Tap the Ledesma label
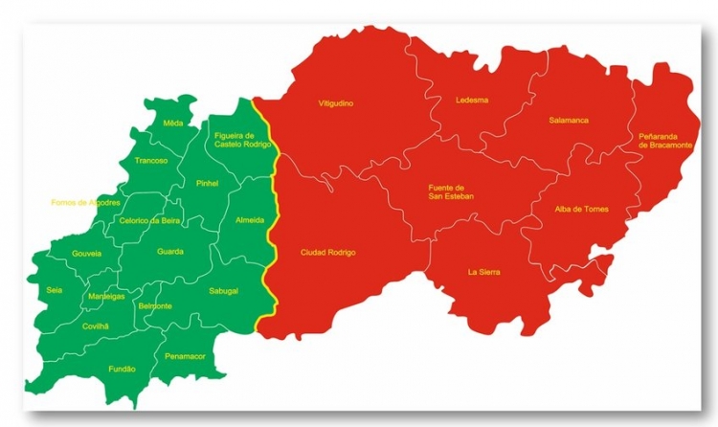coord(472,100)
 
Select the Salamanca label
coord(569,121)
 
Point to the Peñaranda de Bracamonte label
coord(662,142)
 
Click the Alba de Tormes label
coord(581,209)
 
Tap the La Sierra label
coord(483,272)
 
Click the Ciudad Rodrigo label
coord(327,252)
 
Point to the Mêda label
coord(172,124)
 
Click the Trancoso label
coord(151,160)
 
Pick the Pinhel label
coord(207,183)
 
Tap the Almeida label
coord(249,220)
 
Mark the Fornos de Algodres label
coord(85,203)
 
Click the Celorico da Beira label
coord(149,220)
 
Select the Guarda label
coord(170,252)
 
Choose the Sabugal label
coord(223,290)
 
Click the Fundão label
coord(122,369)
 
